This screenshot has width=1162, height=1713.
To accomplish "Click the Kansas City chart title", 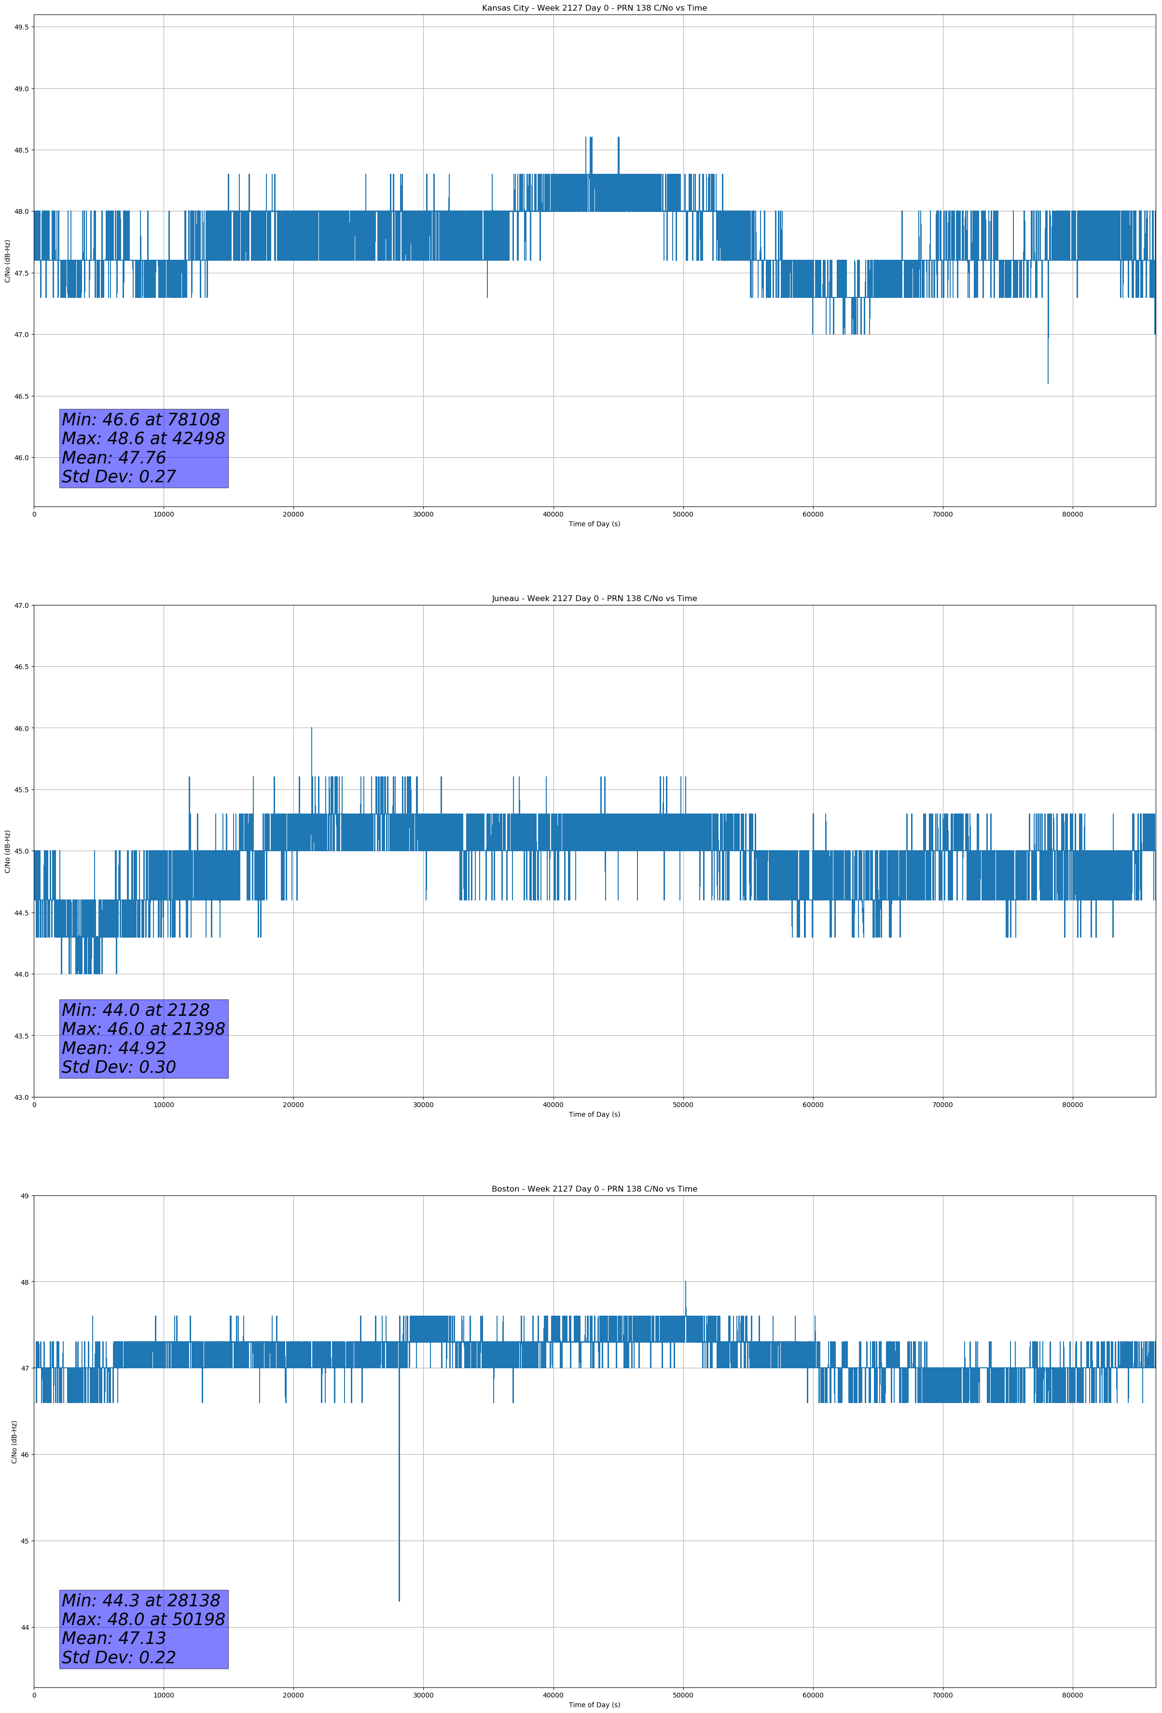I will [594, 8].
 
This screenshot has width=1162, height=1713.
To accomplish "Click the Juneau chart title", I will [594, 599].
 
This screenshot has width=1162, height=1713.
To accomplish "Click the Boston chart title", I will [594, 1189].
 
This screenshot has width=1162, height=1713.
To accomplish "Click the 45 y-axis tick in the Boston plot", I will [26, 1541].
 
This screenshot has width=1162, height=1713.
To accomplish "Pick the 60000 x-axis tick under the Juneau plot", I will [813, 1104].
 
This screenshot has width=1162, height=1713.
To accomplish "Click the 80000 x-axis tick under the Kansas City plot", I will [1072, 515].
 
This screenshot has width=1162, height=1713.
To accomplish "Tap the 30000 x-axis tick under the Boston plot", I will [423, 1695].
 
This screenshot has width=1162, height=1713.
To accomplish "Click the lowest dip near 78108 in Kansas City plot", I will [1048, 382].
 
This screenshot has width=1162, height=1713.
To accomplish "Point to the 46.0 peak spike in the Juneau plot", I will [312, 729].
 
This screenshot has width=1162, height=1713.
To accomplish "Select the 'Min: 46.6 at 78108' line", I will [141, 420].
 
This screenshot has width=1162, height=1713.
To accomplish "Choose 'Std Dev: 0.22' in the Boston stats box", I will [119, 1657].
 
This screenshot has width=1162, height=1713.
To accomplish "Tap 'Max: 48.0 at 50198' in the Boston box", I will [143, 1619].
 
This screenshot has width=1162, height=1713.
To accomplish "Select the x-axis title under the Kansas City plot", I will [594, 524].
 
